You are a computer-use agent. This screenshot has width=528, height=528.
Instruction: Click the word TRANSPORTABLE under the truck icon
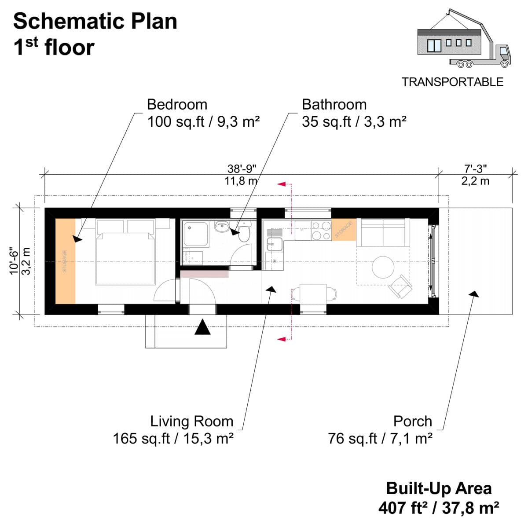point(452,82)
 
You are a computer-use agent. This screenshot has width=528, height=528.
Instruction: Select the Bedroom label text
point(177,105)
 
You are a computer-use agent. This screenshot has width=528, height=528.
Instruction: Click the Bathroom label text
point(334,105)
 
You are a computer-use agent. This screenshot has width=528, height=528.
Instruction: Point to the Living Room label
point(191,421)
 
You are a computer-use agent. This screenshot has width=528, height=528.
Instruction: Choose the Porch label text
point(412,421)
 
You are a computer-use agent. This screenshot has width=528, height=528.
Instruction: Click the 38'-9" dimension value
point(242,169)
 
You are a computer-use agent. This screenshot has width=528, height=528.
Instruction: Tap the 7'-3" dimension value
point(475,169)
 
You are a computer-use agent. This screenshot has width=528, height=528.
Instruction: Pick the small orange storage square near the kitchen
point(343,229)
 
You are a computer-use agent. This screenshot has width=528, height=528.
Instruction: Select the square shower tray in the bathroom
point(193,234)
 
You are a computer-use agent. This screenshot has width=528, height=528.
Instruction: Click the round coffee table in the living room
point(382,267)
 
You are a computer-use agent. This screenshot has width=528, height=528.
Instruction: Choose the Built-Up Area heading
point(439,488)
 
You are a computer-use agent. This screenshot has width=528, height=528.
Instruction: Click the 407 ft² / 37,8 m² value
point(439,508)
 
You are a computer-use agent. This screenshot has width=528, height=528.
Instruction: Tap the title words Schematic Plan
point(95,22)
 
